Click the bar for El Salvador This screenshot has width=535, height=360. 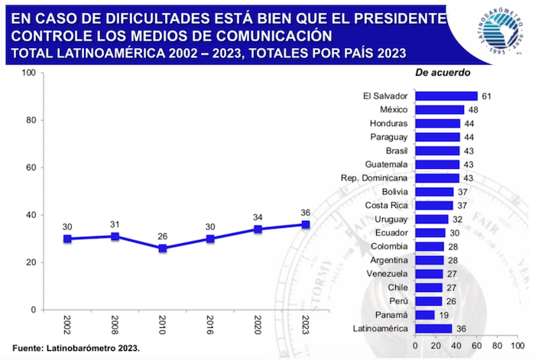(x=446, y=96)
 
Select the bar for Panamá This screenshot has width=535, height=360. (x=424, y=315)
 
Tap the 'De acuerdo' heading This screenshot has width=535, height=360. (x=443, y=73)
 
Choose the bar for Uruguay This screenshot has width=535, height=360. (x=431, y=219)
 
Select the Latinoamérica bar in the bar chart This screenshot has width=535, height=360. (x=433, y=329)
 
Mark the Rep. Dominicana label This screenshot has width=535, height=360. (x=374, y=178)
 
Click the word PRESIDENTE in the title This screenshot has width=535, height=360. (x=396, y=18)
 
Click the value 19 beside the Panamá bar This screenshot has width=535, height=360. (x=444, y=315)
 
